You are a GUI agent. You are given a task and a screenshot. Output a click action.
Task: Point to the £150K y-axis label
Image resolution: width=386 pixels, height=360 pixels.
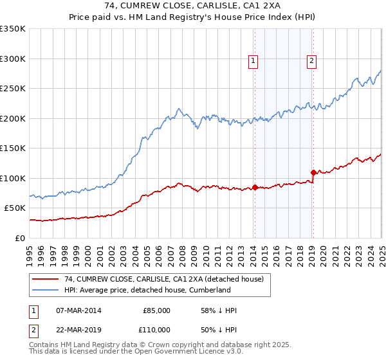[13, 148]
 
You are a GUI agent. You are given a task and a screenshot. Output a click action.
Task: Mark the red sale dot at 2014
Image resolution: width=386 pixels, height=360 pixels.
[255, 187]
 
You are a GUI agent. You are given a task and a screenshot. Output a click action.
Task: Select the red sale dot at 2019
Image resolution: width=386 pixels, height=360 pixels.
[313, 172]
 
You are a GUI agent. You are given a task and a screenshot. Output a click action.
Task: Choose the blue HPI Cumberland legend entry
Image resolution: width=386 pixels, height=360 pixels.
[147, 290]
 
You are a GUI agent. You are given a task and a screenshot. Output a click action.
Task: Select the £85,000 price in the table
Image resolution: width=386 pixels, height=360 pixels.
[156, 310]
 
